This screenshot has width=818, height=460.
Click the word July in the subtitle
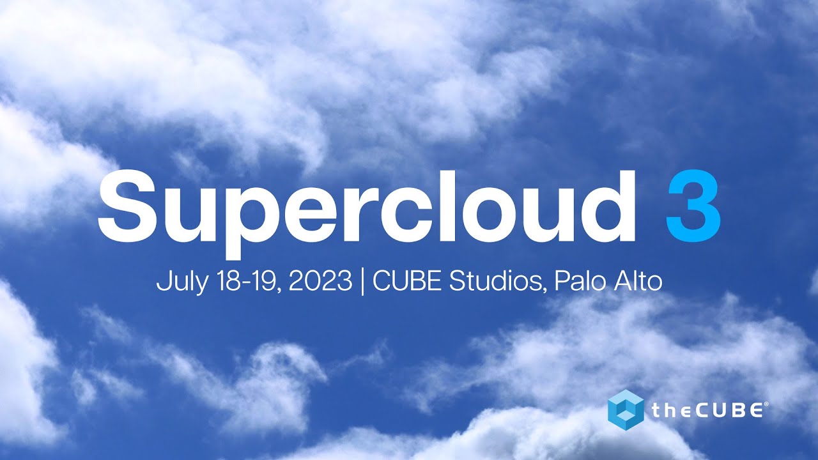pyautogui.click(x=177, y=282)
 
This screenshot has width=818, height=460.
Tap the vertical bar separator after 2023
pyautogui.click(x=362, y=282)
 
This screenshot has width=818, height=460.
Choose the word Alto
pyautogui.click(x=637, y=282)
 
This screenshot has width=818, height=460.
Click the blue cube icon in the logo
pyautogui.click(x=626, y=408)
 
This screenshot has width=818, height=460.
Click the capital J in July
pyautogui.click(x=162, y=282)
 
